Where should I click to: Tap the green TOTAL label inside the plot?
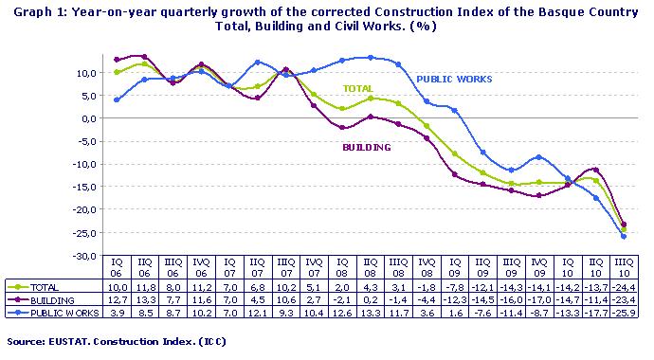357,87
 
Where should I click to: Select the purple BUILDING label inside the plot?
367,148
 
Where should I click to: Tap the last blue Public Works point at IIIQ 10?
623,236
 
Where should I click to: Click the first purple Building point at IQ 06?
117,60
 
